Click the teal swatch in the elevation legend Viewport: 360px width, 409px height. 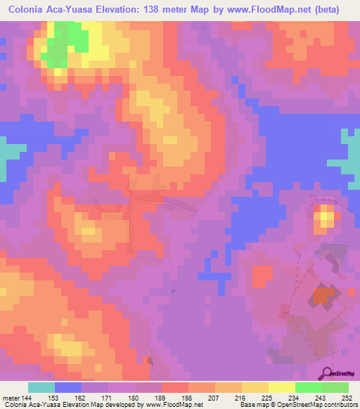41,387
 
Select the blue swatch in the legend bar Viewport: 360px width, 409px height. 68,387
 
